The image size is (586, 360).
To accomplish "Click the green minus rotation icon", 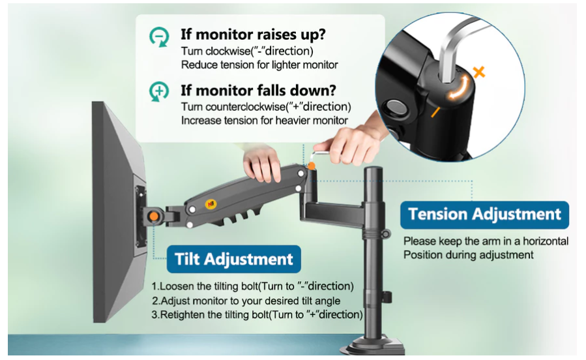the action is tap(159, 37).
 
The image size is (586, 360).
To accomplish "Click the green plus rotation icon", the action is tap(159, 91).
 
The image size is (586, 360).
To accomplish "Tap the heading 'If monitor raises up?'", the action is tap(253, 35).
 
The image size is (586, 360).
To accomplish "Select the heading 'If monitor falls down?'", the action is tap(258, 91).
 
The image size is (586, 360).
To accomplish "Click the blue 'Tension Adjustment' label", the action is tap(484, 215).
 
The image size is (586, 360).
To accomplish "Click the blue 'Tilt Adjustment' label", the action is tap(233, 259).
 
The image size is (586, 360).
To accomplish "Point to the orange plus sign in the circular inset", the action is tap(479, 71).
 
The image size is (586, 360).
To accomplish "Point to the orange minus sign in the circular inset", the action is tap(435, 112).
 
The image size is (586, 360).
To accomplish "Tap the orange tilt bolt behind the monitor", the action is tap(153, 217).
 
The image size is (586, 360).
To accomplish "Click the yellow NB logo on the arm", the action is tap(210, 203).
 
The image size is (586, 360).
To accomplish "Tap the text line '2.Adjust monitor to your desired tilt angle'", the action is tap(246, 301).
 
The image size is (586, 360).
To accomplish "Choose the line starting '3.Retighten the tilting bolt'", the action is tap(257, 315).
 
